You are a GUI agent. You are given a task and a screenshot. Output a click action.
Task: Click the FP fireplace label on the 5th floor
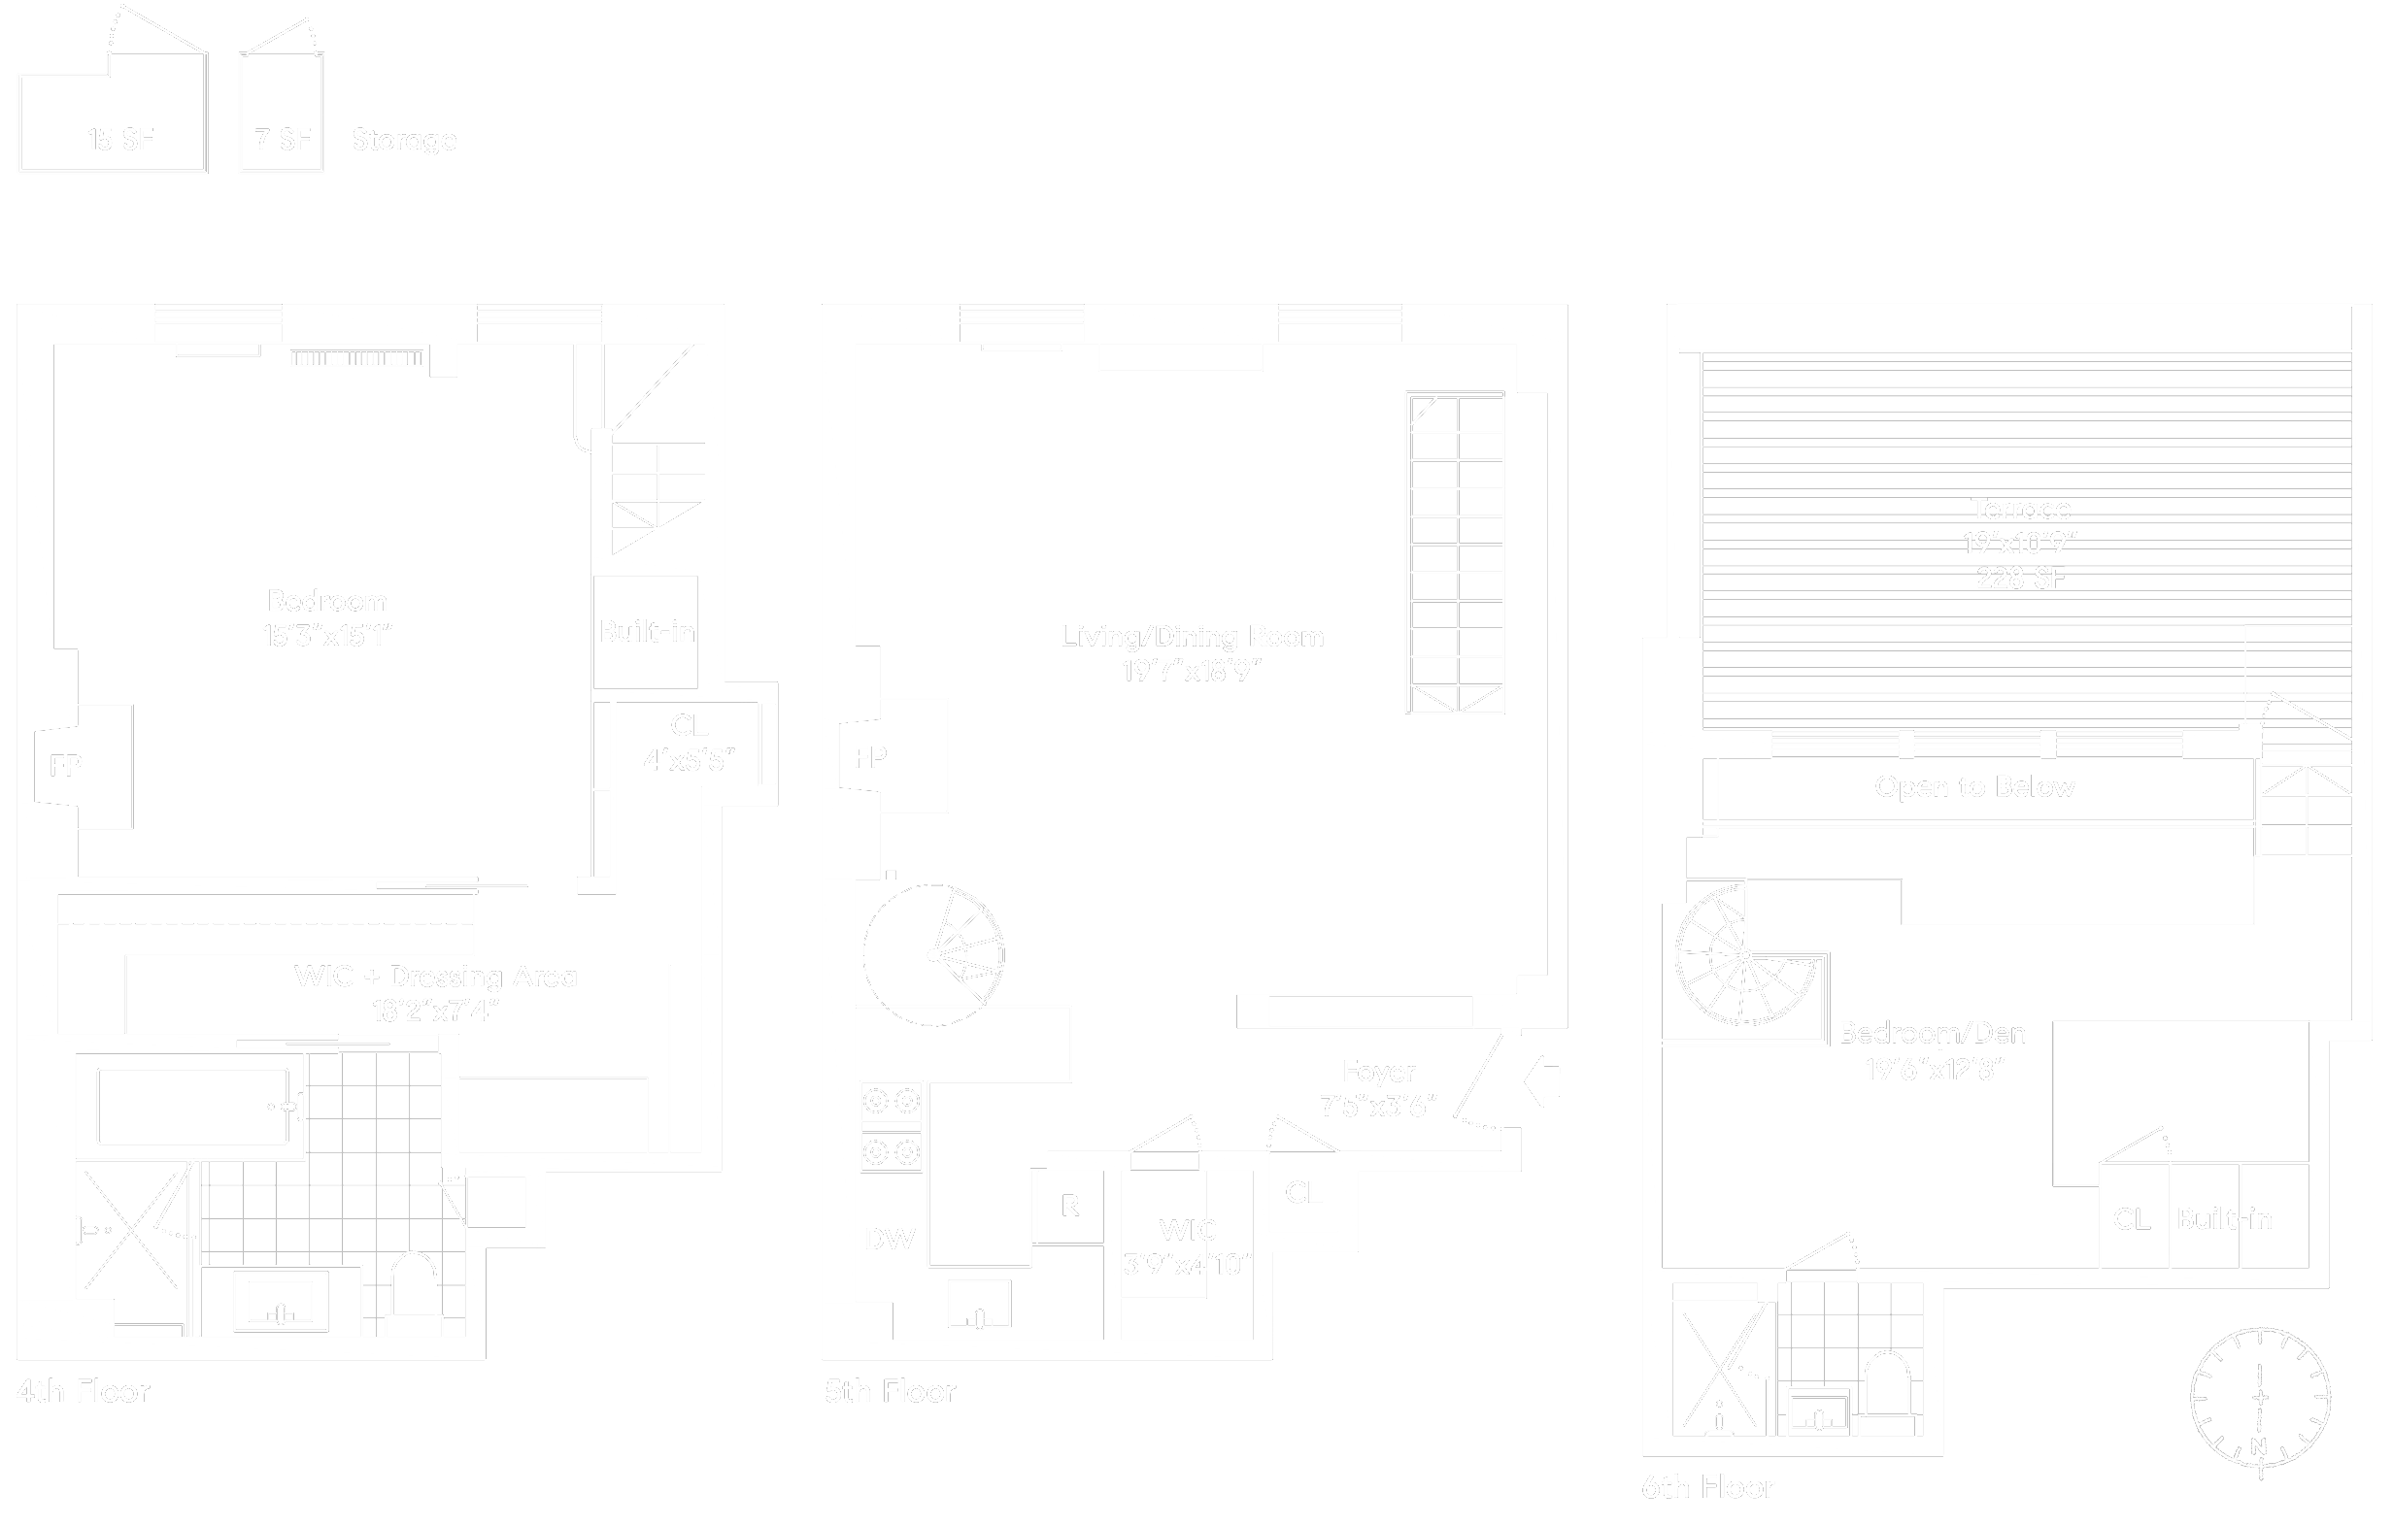click(869, 758)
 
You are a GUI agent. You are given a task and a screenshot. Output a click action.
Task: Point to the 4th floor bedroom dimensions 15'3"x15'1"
click(327, 636)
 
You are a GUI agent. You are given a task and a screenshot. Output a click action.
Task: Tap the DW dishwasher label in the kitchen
click(890, 1239)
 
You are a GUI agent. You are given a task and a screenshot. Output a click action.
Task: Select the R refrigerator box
click(1069, 1206)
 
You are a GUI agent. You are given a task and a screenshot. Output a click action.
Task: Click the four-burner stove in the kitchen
click(892, 1127)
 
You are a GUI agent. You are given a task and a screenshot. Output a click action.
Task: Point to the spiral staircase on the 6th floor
click(1745, 956)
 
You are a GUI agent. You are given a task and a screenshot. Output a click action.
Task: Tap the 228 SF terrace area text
click(2020, 579)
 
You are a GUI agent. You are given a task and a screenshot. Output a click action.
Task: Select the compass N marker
click(2259, 1447)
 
